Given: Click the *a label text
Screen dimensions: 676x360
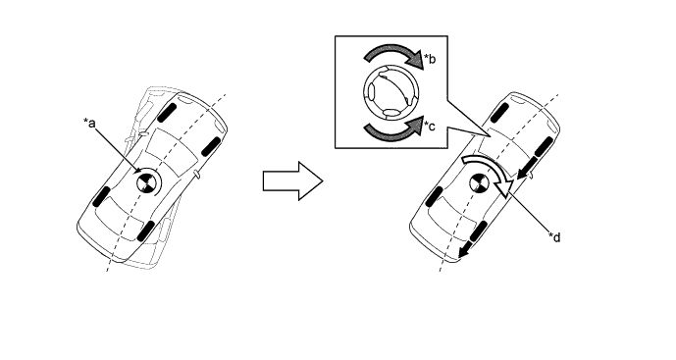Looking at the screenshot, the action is pos(89,124).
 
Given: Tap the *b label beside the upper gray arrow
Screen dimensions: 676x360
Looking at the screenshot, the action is pos(430,58).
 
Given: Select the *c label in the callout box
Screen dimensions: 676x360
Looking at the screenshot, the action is pos(430,126).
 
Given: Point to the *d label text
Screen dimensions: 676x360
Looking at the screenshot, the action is pos(554,236).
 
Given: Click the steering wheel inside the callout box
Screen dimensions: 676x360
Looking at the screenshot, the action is pos(391,92).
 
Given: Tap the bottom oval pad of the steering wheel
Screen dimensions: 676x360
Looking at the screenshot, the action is pos(391,113).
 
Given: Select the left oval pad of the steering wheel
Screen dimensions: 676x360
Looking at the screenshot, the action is pos(370,92).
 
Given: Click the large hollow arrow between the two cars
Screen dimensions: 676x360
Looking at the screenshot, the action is pos(293,181).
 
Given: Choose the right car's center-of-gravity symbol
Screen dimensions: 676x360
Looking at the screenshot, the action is pos(478,183).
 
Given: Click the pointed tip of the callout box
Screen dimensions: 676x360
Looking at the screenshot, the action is pos(491,136).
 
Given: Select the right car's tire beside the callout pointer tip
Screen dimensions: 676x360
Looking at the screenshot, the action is pos(499,113).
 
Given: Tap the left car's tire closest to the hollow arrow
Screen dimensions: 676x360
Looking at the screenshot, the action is pos(211,147).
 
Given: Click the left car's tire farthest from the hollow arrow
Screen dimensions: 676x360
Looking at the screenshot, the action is pos(102,196).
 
